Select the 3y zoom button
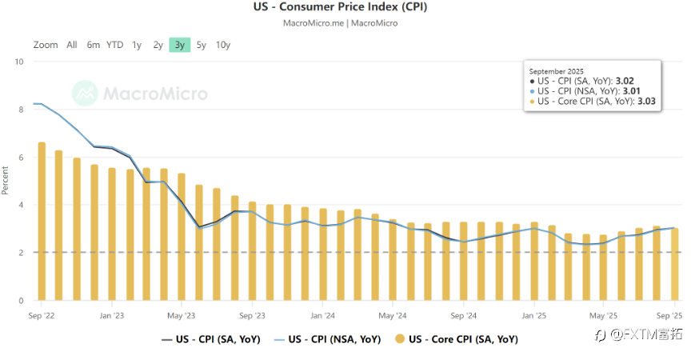click(179, 45)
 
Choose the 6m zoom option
click(94, 45)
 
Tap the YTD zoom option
click(115, 45)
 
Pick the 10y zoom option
click(223, 45)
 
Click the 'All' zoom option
click(72, 45)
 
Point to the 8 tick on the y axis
click(20, 110)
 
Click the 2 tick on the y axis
click(20, 253)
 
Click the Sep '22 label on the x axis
click(41, 316)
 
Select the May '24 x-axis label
click(392, 316)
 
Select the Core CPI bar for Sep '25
click(674, 264)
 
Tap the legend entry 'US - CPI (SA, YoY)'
click(210, 339)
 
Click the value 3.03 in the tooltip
click(645, 102)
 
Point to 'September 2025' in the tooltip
click(555, 70)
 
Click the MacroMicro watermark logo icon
click(84, 94)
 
